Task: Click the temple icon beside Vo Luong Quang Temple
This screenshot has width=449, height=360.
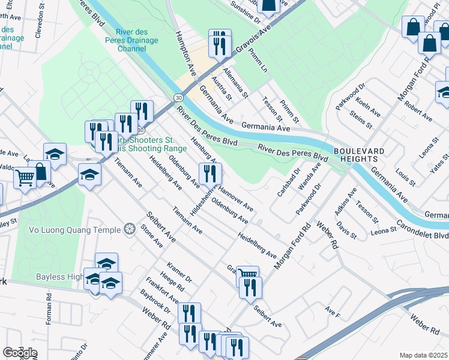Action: click(x=129, y=229)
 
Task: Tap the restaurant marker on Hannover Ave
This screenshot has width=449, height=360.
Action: click(x=210, y=174)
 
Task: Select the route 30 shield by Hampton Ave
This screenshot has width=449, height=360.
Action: click(x=179, y=97)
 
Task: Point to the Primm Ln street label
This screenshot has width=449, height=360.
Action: click(x=261, y=60)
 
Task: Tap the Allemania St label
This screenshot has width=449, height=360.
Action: click(x=236, y=83)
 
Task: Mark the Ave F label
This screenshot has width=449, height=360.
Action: click(x=332, y=311)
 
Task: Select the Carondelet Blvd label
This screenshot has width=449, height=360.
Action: click(x=426, y=228)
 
